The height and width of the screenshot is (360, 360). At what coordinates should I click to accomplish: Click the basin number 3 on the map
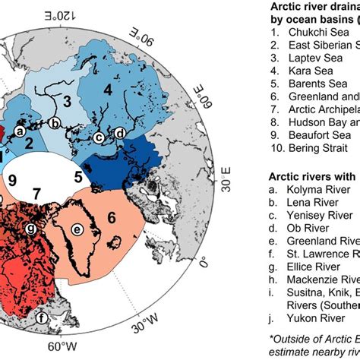click(67, 100)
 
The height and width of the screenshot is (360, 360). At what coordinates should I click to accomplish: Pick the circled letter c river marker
click(99, 137)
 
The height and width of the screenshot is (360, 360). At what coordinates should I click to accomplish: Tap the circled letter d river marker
click(120, 134)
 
